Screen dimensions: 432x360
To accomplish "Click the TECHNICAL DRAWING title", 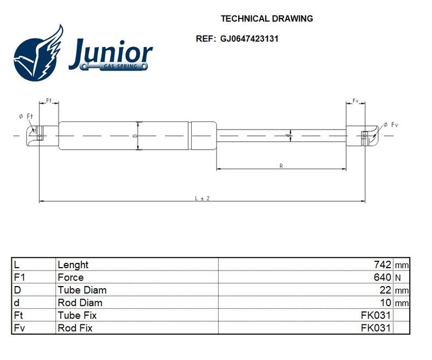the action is [x=267, y=18].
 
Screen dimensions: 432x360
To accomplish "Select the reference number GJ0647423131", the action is [x=249, y=38].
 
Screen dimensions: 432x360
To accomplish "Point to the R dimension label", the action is [x=281, y=166].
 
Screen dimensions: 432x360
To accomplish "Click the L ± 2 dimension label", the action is [x=202, y=198].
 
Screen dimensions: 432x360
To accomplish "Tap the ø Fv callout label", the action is [x=390, y=125].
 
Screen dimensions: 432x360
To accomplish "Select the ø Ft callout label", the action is [x=26, y=116].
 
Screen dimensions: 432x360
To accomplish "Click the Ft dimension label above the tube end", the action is [x=49, y=100].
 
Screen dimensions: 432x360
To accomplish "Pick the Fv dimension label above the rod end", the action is [x=355, y=101].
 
